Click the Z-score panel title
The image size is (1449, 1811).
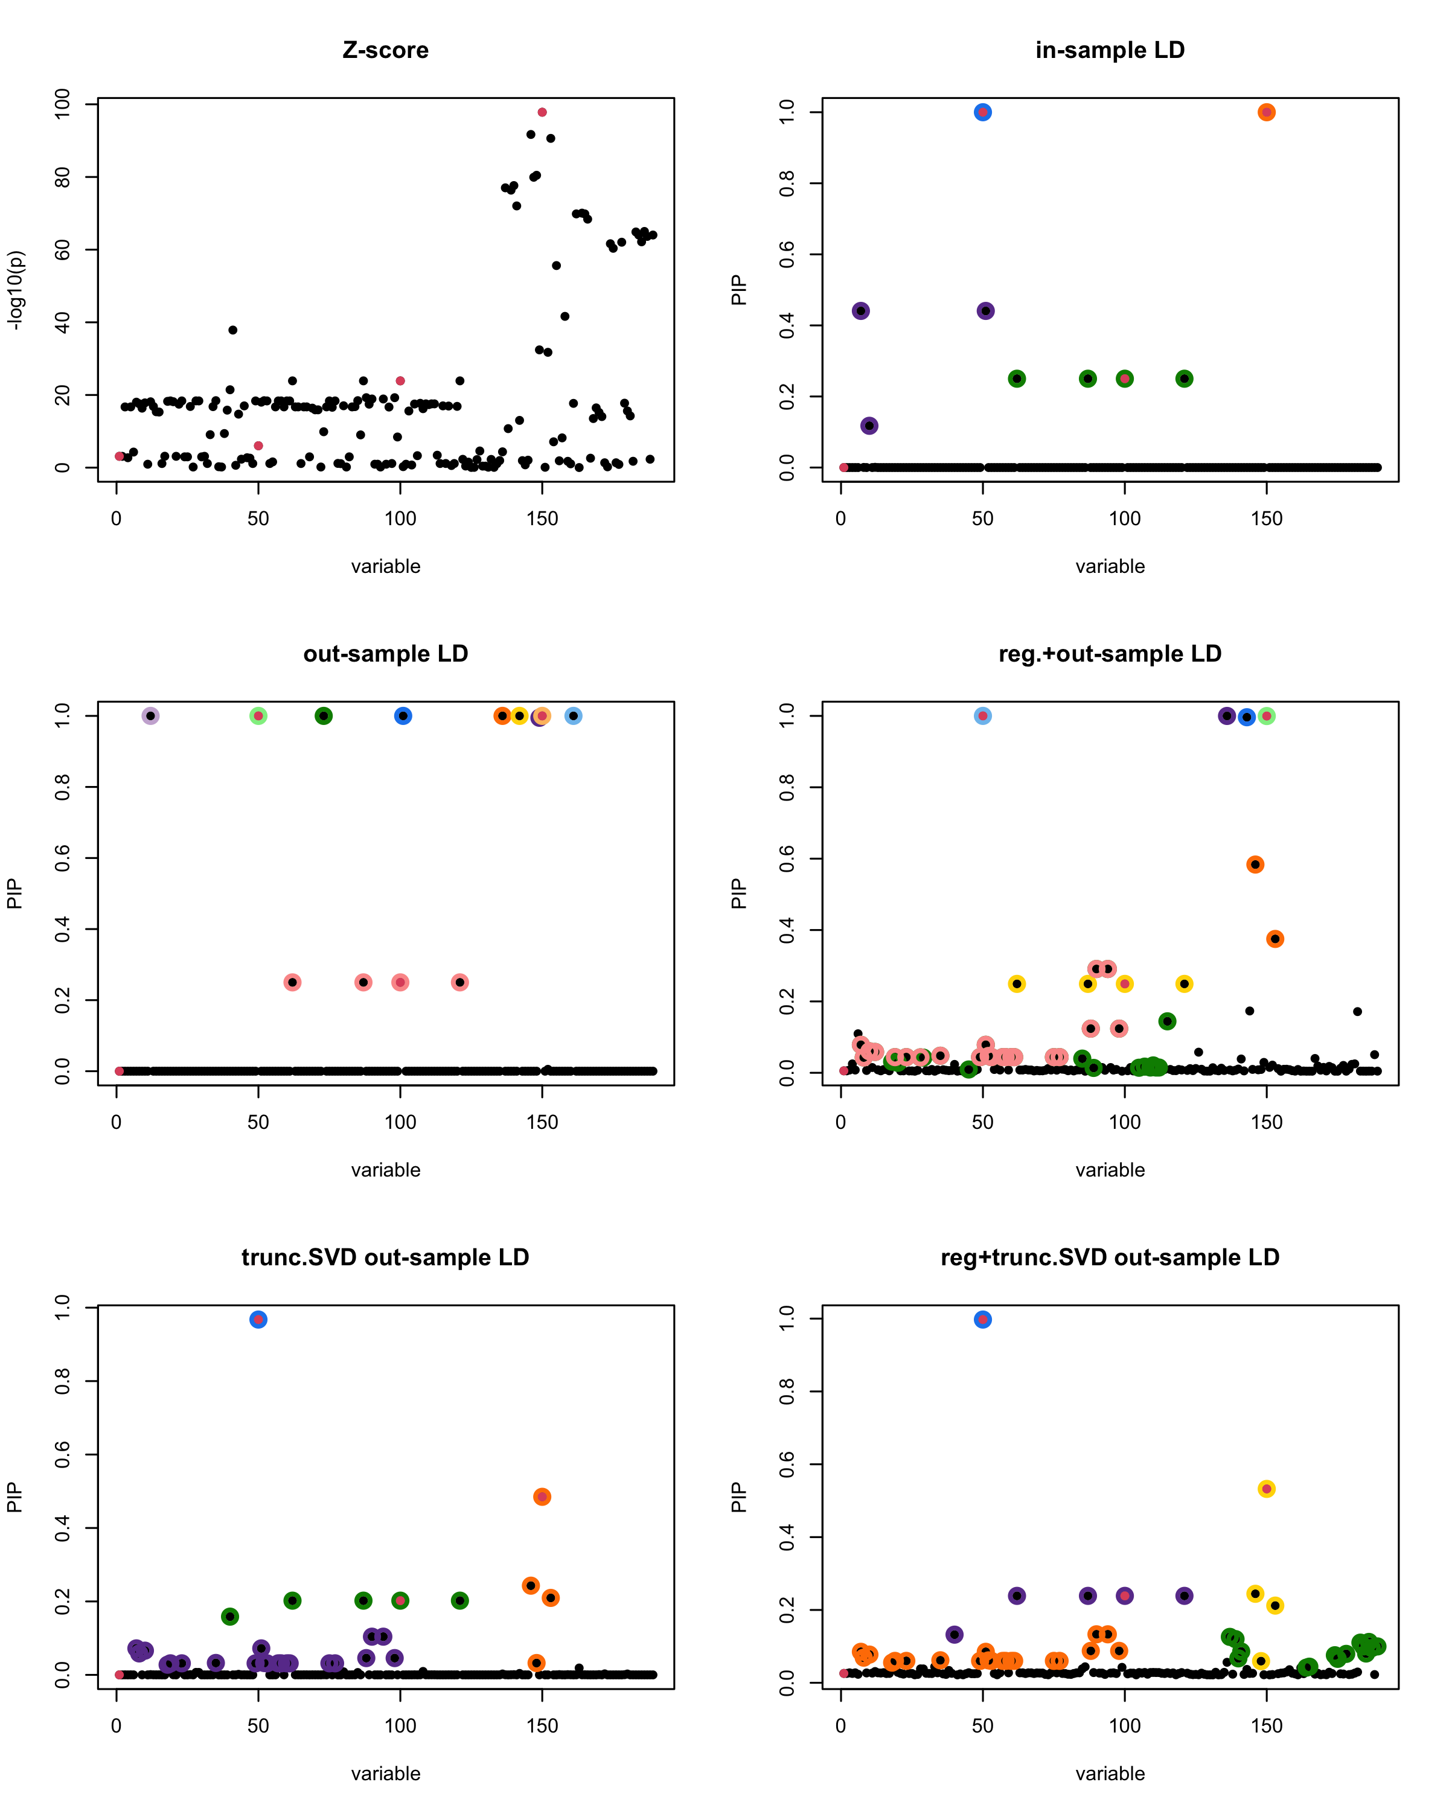[x=386, y=50]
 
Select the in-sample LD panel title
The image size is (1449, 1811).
[x=1110, y=50]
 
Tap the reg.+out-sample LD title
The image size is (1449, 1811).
[x=1110, y=654]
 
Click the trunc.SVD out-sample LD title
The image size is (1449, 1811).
[x=386, y=1257]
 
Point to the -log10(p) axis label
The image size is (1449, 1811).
[x=15, y=290]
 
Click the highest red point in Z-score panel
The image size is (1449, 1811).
[x=542, y=112]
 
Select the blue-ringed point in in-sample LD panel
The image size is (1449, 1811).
[x=983, y=112]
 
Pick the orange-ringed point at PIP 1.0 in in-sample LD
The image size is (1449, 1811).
[x=1267, y=112]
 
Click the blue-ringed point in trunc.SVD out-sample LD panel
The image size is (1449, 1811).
[x=258, y=1320]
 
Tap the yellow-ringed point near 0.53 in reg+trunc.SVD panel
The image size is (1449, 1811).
[x=1267, y=1489]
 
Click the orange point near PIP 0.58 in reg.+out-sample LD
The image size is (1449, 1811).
[x=1255, y=864]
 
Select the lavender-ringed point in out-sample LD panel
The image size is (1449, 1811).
[x=150, y=716]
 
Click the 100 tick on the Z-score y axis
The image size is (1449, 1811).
[x=62, y=105]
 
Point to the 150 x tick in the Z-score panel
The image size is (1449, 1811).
[x=542, y=519]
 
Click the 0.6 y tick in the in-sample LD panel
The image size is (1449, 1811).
[x=786, y=254]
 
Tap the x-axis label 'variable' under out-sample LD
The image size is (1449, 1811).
[x=386, y=1170]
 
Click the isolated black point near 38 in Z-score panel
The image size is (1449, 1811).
[x=232, y=330]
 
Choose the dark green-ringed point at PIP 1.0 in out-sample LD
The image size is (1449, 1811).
[x=324, y=716]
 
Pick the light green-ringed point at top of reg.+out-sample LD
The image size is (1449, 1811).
[x=1267, y=716]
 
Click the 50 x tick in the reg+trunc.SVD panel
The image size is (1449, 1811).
[x=983, y=1726]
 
